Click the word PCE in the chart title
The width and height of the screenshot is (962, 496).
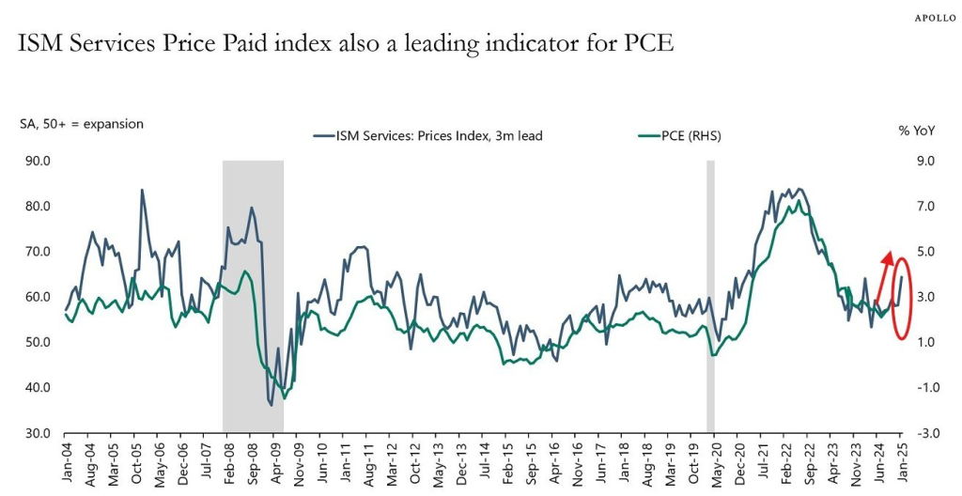649,44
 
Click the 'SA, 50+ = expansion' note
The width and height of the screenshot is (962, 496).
83,123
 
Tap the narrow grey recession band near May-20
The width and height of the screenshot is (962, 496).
710,282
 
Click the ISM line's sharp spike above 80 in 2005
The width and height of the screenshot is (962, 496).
142,191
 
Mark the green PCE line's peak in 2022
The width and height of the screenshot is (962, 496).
799,201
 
